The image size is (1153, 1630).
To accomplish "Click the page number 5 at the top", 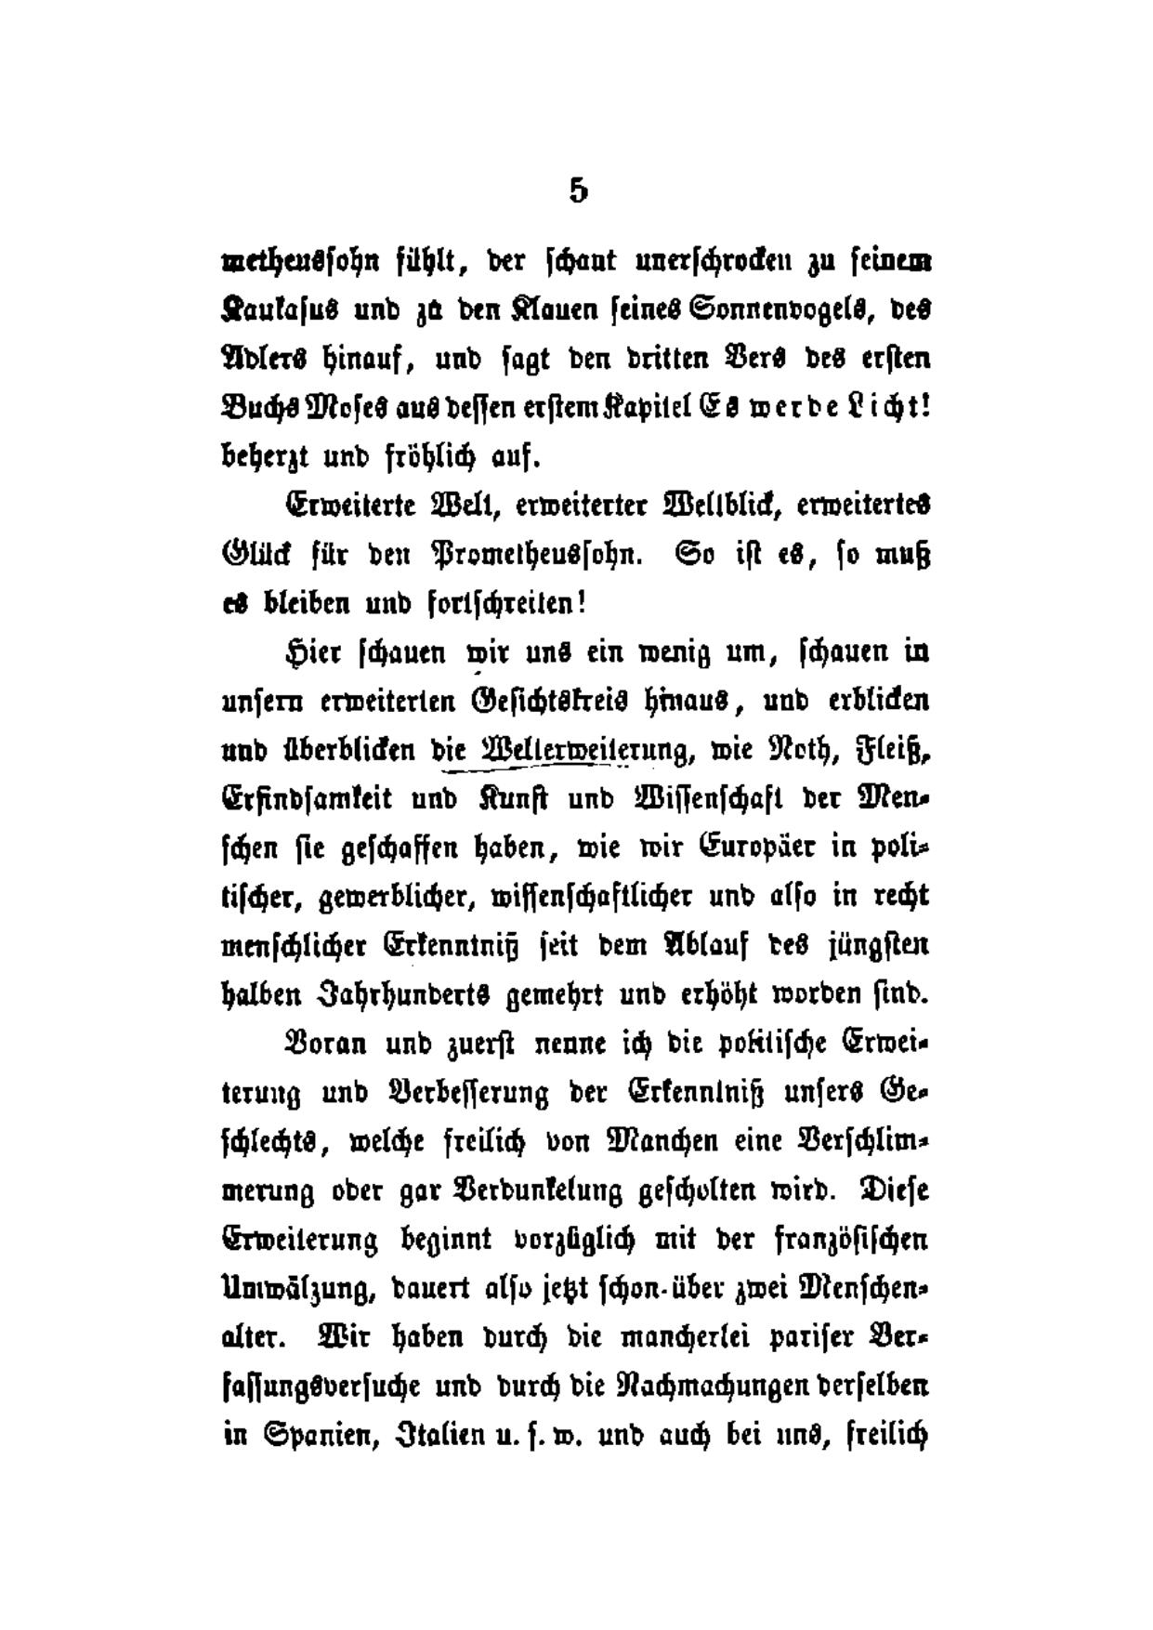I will (x=578, y=191).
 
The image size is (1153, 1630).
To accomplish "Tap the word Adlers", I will (x=270, y=359).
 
